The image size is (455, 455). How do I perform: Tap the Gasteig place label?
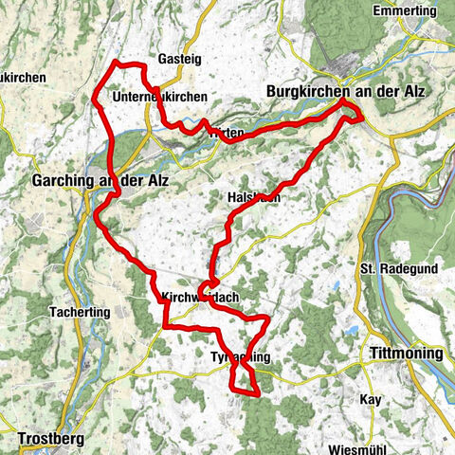(180, 59)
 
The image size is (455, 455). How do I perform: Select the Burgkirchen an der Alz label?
(347, 91)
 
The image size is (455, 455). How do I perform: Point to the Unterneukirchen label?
(158, 97)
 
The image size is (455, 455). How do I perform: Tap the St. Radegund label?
(398, 268)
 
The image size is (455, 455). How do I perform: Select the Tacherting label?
(82, 311)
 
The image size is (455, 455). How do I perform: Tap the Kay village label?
(370, 400)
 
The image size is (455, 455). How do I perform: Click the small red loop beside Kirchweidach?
(209, 285)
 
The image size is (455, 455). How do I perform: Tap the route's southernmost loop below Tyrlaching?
(245, 379)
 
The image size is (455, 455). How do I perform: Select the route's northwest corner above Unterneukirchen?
(116, 63)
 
